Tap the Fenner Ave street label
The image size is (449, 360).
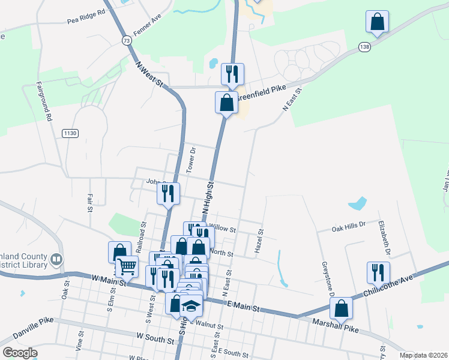pos(148,27)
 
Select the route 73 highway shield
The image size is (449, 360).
pos(125,40)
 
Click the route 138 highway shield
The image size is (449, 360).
pos(364,46)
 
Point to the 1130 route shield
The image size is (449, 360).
pos(70,133)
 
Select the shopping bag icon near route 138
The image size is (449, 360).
pos(378,22)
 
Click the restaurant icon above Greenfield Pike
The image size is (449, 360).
pos(232,74)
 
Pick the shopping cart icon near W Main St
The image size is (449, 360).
pos(127,266)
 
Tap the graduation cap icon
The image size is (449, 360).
pos(191,306)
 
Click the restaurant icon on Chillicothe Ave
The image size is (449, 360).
pos(378,272)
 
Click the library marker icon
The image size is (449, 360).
pos(57,260)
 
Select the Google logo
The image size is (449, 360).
pos(20,352)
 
